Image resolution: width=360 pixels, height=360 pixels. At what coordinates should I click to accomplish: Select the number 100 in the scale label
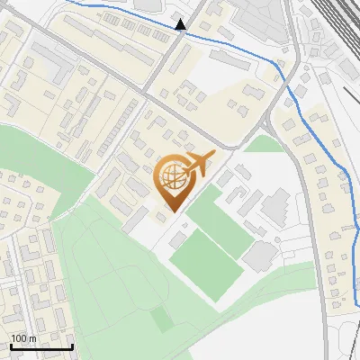18,338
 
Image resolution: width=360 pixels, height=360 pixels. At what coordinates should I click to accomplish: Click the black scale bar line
41,346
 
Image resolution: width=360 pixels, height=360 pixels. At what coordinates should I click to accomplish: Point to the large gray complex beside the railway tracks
261,18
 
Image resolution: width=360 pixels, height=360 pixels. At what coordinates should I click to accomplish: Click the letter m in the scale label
32,338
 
